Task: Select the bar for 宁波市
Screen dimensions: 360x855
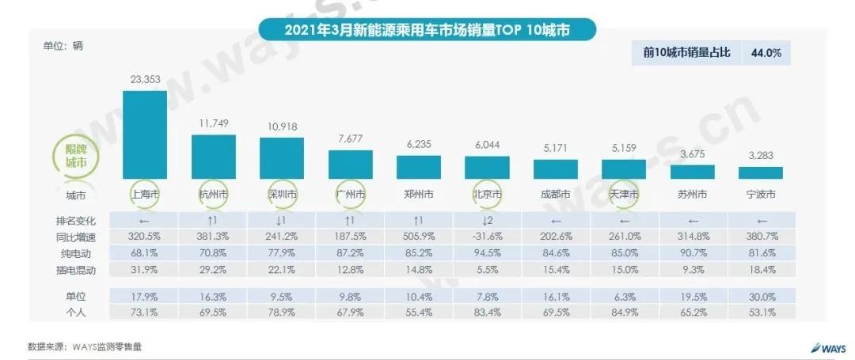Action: click(x=761, y=172)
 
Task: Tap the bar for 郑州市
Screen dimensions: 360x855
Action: click(x=419, y=167)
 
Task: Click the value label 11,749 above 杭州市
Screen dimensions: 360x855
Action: click(x=213, y=123)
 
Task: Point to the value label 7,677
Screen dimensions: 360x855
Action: click(x=350, y=138)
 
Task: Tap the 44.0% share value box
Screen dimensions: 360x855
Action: click(x=766, y=54)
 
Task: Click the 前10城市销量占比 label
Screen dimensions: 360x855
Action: click(x=686, y=54)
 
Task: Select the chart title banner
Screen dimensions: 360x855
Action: click(x=427, y=31)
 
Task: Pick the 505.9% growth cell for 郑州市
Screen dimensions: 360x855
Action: click(x=419, y=237)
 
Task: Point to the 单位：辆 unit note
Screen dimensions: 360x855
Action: click(x=63, y=45)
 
